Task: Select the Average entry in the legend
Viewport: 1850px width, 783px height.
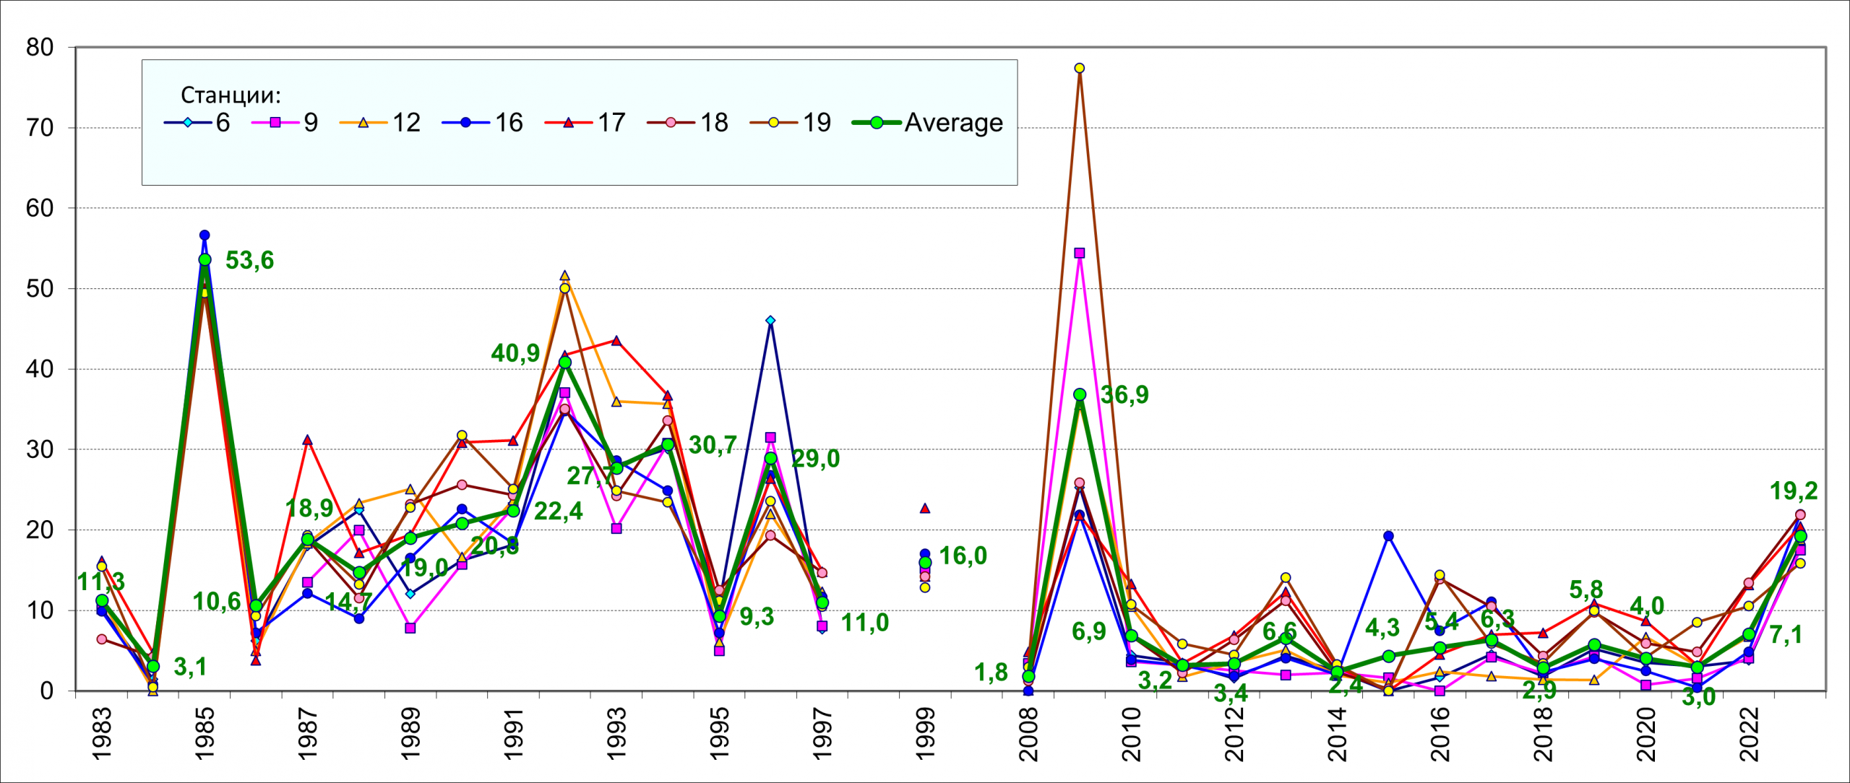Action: [x=928, y=123]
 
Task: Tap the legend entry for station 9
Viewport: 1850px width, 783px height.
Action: [x=285, y=123]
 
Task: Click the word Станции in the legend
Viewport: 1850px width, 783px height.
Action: [x=230, y=95]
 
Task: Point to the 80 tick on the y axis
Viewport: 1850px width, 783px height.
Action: [x=40, y=48]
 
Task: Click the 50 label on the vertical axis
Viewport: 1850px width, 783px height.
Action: [x=40, y=289]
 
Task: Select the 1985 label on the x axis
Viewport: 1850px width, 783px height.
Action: [x=205, y=733]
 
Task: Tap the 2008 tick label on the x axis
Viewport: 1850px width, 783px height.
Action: [x=1028, y=733]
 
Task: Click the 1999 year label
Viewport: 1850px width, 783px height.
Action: [x=925, y=733]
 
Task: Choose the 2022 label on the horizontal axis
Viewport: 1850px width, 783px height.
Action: [x=1749, y=733]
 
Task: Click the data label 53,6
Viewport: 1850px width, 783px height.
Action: [x=249, y=260]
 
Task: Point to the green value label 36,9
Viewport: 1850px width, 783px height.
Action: [x=1124, y=394]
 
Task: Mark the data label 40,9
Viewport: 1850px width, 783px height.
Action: [x=515, y=352]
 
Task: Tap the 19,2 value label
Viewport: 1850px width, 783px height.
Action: [x=1794, y=491]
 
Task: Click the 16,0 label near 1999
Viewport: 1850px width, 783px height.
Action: [x=963, y=555]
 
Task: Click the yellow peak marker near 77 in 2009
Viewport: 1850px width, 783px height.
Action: [x=1080, y=68]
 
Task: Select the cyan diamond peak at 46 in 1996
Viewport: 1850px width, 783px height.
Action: [x=770, y=320]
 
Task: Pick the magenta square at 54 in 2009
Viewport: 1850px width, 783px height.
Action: [x=1080, y=253]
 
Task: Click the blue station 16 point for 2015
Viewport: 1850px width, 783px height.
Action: [x=1388, y=536]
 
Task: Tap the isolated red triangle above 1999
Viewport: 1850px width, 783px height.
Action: [x=925, y=509]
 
